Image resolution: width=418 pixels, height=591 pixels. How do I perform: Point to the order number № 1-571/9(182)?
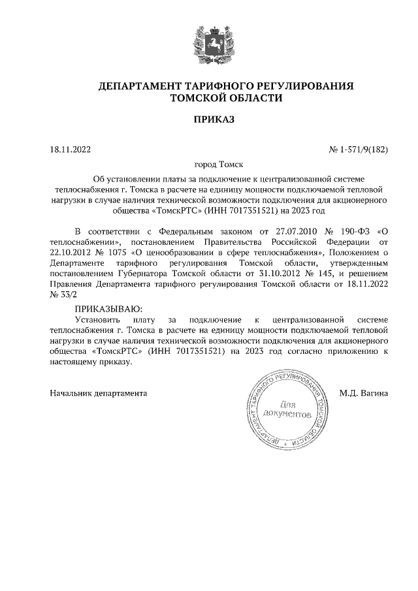(x=358, y=150)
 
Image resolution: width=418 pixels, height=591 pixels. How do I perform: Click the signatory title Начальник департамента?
(x=99, y=393)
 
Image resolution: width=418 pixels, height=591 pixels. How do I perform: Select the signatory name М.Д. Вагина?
(x=364, y=393)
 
